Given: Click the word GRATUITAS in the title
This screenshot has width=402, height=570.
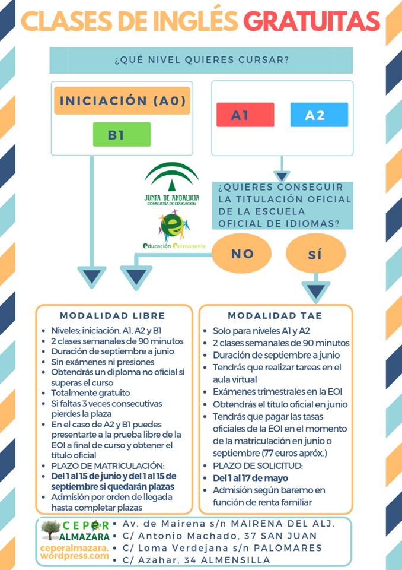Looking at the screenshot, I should click(311, 22).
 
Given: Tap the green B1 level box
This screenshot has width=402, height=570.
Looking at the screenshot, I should click(122, 134).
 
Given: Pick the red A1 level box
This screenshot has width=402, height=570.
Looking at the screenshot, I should click(245, 115).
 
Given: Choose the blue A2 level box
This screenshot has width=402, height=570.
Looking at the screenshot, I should click(319, 115).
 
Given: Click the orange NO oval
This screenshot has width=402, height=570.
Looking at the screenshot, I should click(242, 254).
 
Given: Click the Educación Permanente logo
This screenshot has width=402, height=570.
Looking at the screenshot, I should click(174, 229).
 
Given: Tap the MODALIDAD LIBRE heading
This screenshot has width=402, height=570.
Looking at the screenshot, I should click(113, 316).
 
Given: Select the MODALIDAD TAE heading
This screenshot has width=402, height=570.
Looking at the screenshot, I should click(275, 316).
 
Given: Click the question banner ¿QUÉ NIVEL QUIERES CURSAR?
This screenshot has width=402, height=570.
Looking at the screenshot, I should click(201, 60).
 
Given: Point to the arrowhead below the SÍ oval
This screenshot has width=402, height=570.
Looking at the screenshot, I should click(315, 292).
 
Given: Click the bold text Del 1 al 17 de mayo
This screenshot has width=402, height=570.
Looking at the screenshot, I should click(250, 478).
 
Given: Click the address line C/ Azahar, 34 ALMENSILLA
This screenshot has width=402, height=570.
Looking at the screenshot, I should click(196, 560).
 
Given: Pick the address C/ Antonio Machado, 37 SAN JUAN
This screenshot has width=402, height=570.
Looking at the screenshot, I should click(219, 536).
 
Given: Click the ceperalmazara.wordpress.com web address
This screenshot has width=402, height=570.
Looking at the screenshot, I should click(75, 552).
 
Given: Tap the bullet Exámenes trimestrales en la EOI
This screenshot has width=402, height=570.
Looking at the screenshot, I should click(277, 392).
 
